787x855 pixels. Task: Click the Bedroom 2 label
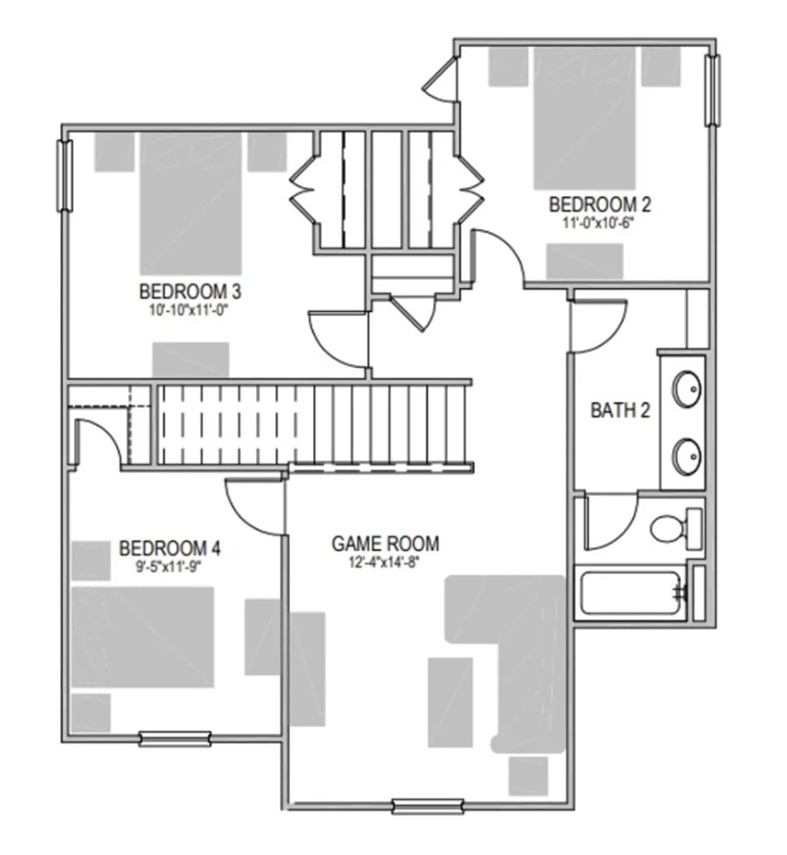click(x=600, y=204)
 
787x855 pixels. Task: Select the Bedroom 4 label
click(x=170, y=548)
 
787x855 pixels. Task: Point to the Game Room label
click(x=386, y=543)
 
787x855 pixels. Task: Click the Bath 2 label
click(x=620, y=410)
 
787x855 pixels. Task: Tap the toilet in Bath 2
click(x=676, y=529)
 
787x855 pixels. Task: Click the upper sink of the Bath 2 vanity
click(x=687, y=390)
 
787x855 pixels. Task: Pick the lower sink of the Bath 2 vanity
click(x=687, y=457)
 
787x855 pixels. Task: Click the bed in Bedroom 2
click(x=585, y=118)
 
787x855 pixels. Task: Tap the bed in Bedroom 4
click(x=143, y=637)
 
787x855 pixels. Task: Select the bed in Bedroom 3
click(x=191, y=203)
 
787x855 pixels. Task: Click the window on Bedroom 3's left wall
click(x=65, y=176)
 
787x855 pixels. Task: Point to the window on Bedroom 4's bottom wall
click(x=175, y=739)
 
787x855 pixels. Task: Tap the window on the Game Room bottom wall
click(x=428, y=806)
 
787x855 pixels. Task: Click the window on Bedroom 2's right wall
click(x=713, y=90)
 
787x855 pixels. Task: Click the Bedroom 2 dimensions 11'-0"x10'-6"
click(x=598, y=223)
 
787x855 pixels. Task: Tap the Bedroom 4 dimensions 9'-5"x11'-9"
click(x=169, y=566)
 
